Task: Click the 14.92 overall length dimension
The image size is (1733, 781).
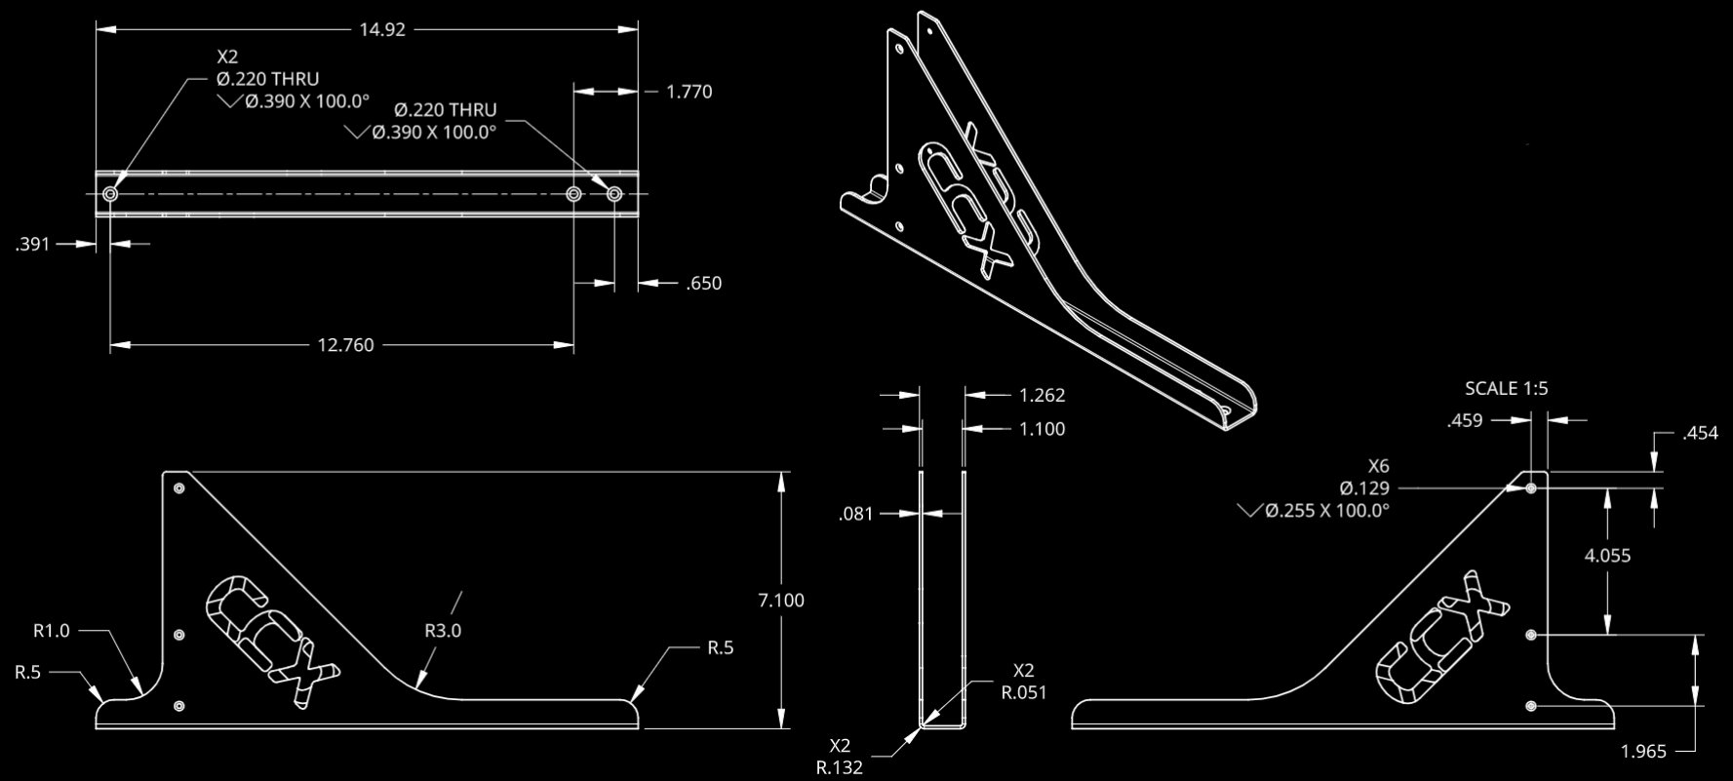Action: point(381,29)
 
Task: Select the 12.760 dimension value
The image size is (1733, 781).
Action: point(345,345)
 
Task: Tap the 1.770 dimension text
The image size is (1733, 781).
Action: point(689,92)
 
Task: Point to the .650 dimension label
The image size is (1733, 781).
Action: point(703,284)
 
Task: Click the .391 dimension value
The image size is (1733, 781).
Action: point(32,245)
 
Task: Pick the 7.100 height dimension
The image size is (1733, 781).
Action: point(780,601)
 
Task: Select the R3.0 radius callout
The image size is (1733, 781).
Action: point(443,631)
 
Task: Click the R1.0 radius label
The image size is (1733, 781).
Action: point(52,631)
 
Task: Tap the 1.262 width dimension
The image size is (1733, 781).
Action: point(1042,396)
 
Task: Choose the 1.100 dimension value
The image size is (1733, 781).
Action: point(1042,429)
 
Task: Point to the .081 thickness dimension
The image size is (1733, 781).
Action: point(856,514)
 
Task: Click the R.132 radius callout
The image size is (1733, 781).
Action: point(839,767)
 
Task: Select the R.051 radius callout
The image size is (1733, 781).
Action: point(1023,693)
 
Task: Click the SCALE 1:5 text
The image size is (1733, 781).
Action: point(1506,389)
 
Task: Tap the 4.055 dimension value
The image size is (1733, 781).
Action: point(1607,556)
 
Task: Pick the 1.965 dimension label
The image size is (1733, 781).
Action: point(1643,751)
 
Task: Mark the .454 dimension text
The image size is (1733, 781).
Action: point(1700,434)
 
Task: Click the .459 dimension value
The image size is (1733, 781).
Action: point(1465,421)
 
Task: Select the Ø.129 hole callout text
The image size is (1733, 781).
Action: point(1364,488)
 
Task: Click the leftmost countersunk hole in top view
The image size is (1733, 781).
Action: point(110,195)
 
